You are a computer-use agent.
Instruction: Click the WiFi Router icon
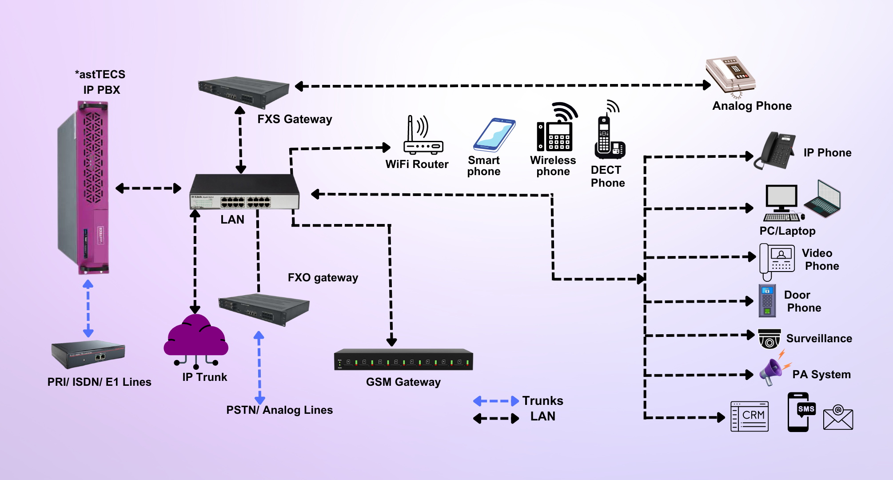[x=423, y=136]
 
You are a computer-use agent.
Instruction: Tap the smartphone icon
[x=494, y=135]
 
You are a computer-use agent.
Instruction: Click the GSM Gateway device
[x=403, y=360]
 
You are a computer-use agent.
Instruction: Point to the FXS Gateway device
[x=243, y=92]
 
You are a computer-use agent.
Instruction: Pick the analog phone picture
[x=731, y=73]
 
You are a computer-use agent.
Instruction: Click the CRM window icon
[x=749, y=416]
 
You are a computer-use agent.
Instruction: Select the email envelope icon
[x=838, y=418]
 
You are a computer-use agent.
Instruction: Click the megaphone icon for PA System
[x=772, y=371]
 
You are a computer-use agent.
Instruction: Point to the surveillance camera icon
[x=769, y=339]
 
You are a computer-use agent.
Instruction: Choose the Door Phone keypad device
[x=767, y=301]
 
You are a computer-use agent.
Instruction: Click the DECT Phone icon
[x=609, y=133]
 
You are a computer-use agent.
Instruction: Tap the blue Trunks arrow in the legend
[x=496, y=401]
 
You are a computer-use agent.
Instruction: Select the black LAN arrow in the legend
[x=496, y=418]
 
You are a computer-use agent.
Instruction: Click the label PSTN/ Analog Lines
[x=279, y=410]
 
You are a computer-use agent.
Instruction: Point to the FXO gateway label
[x=323, y=278]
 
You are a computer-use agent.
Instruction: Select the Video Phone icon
[x=777, y=260]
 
